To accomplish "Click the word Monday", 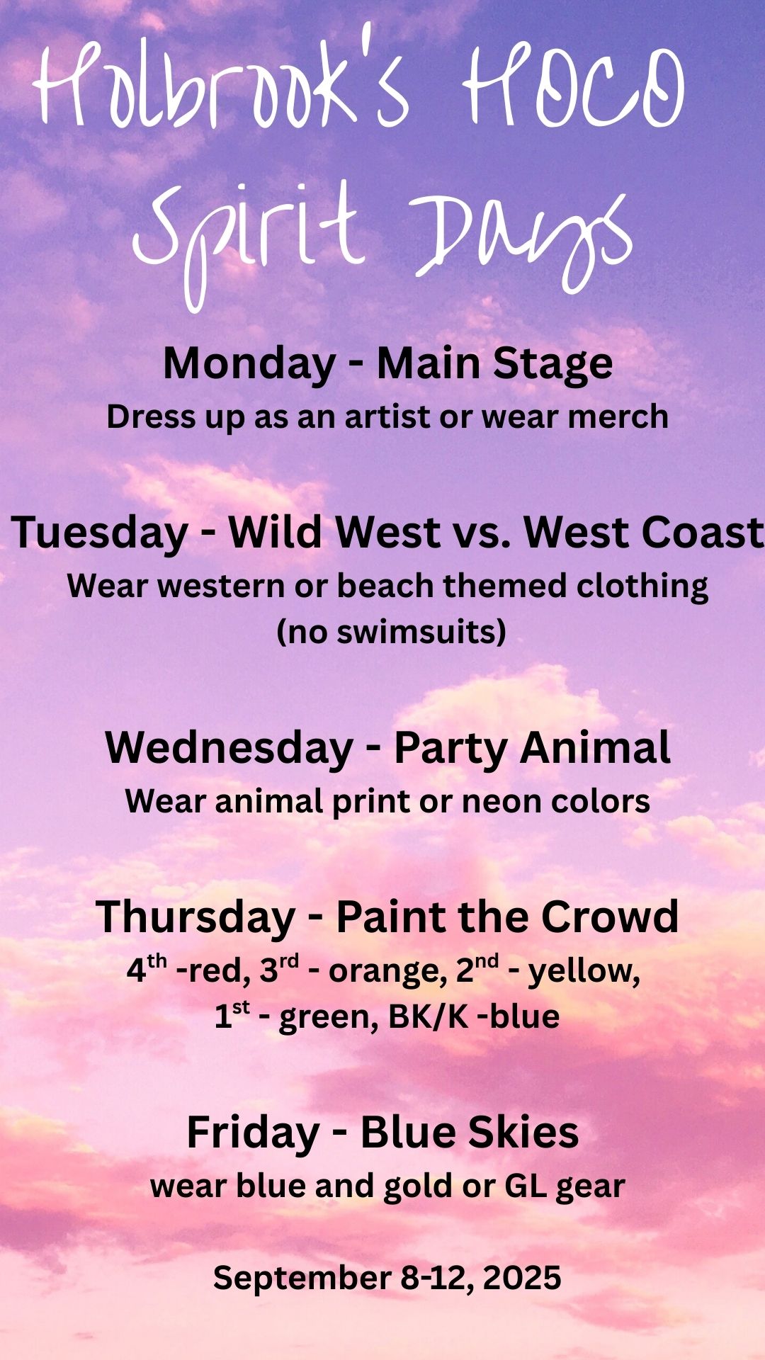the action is click(249, 365).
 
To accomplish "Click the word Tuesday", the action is click(100, 534).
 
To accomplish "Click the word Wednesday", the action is click(229, 748).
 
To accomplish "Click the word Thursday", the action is click(195, 917).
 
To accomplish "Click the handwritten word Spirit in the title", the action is click(248, 230).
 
